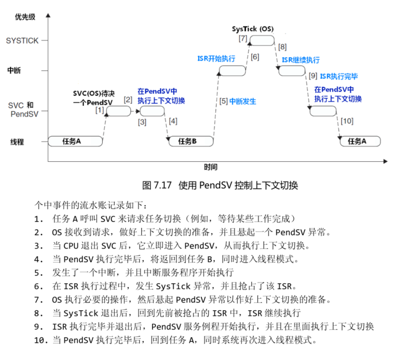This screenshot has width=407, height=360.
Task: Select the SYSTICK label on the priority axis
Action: pyautogui.click(x=22, y=40)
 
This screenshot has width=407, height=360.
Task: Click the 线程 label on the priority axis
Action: pyautogui.click(x=17, y=142)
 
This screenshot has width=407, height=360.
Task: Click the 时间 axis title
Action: pyautogui.click(x=210, y=167)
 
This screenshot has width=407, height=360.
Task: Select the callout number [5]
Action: pyautogui.click(x=223, y=101)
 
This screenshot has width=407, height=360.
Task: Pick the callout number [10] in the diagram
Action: pyautogui.click(x=347, y=121)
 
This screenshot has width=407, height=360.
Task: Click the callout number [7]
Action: pyautogui.click(x=243, y=39)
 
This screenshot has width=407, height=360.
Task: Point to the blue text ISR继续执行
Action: pyautogui.click(x=301, y=60)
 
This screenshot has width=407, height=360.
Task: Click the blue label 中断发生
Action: pyautogui.click(x=243, y=101)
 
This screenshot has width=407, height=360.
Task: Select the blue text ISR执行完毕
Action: pyautogui.click(x=338, y=76)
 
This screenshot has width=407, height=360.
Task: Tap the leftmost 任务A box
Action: pyautogui.click(x=72, y=141)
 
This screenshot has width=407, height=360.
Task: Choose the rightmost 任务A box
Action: pyautogui.click(x=359, y=141)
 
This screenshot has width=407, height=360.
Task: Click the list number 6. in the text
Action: pyautogui.click(x=39, y=286)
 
